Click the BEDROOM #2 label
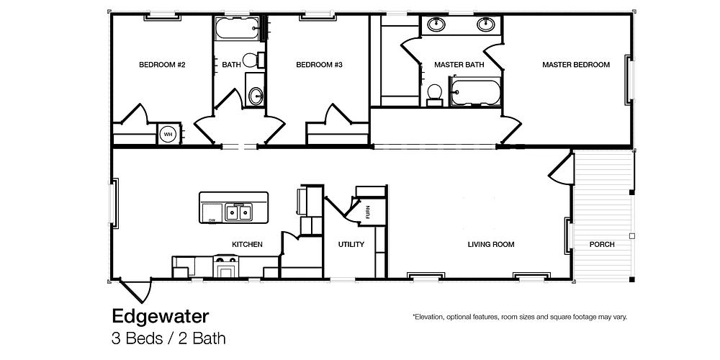[162, 65]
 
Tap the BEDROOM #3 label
[318, 65]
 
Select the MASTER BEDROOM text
[575, 65]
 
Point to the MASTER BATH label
[459, 65]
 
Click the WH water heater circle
[168, 134]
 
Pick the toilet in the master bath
[434, 92]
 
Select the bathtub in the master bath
[474, 93]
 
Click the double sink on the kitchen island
[238, 212]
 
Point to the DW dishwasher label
[212, 220]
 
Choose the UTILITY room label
[351, 245]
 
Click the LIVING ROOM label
[491, 245]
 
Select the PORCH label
[602, 245]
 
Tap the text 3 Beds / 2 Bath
[168, 338]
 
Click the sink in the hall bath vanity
[256, 94]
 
